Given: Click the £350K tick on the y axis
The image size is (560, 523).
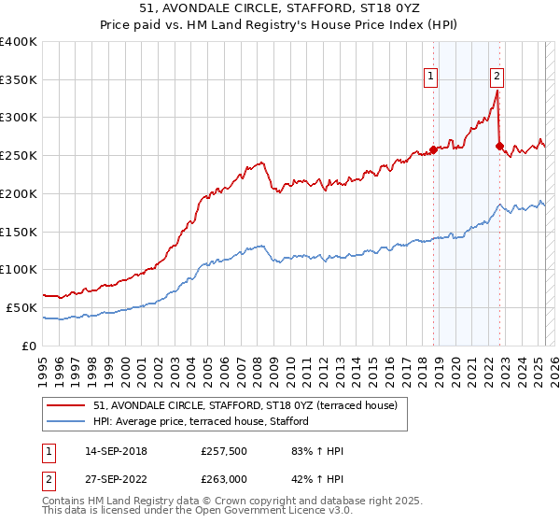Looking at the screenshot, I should (x=19, y=80).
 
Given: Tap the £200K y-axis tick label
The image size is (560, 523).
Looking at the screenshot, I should (x=19, y=194).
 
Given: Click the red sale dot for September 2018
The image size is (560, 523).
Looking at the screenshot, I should (x=434, y=149).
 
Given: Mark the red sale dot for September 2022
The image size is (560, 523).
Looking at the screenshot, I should (x=500, y=146).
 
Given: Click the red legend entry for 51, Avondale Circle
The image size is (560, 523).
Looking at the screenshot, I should (x=246, y=405).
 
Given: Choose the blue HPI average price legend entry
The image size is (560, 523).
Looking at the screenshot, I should (x=206, y=421).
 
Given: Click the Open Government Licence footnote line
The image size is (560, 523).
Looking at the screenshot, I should (x=187, y=513).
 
